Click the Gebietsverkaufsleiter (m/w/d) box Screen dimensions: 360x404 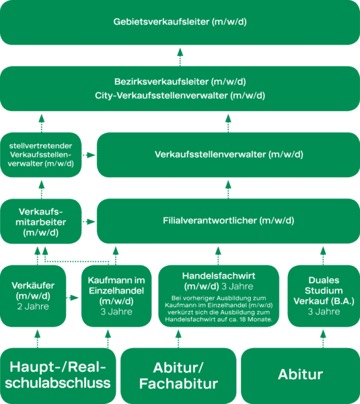(x=180, y=22)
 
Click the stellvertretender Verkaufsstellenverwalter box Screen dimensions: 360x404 (x=41, y=155)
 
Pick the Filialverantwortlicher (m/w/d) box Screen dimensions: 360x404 (x=228, y=221)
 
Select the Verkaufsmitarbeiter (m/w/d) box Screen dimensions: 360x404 (x=41, y=222)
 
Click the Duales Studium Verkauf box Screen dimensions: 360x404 (x=324, y=296)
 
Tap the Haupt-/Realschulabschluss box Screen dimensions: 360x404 (x=58, y=376)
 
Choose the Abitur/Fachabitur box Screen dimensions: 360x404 (x=178, y=376)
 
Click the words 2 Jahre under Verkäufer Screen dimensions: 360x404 (x=33, y=306)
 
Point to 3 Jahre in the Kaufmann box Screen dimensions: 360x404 (x=116, y=312)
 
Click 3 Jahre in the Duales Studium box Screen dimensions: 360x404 (x=324, y=312)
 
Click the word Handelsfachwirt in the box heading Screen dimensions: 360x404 (x=219, y=276)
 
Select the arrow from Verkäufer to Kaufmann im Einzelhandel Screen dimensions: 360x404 (x=73, y=298)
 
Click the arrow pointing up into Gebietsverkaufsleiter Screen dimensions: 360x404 (x=180, y=57)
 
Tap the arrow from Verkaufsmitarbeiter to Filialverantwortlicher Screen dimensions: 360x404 (x=89, y=222)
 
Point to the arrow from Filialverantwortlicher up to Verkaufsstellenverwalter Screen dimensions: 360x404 (x=228, y=190)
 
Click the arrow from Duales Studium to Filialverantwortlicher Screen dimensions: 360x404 (x=323, y=256)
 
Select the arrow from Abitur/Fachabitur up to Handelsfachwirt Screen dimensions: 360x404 (x=178, y=339)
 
